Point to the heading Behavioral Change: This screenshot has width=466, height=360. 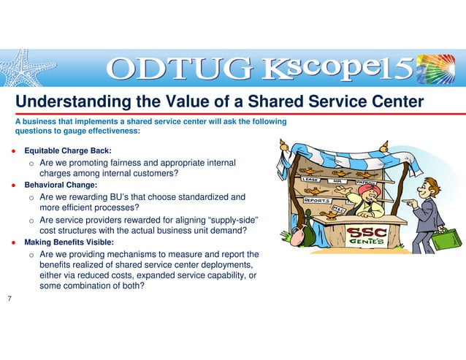tap(61, 185)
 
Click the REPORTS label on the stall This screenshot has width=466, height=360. tap(317, 199)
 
